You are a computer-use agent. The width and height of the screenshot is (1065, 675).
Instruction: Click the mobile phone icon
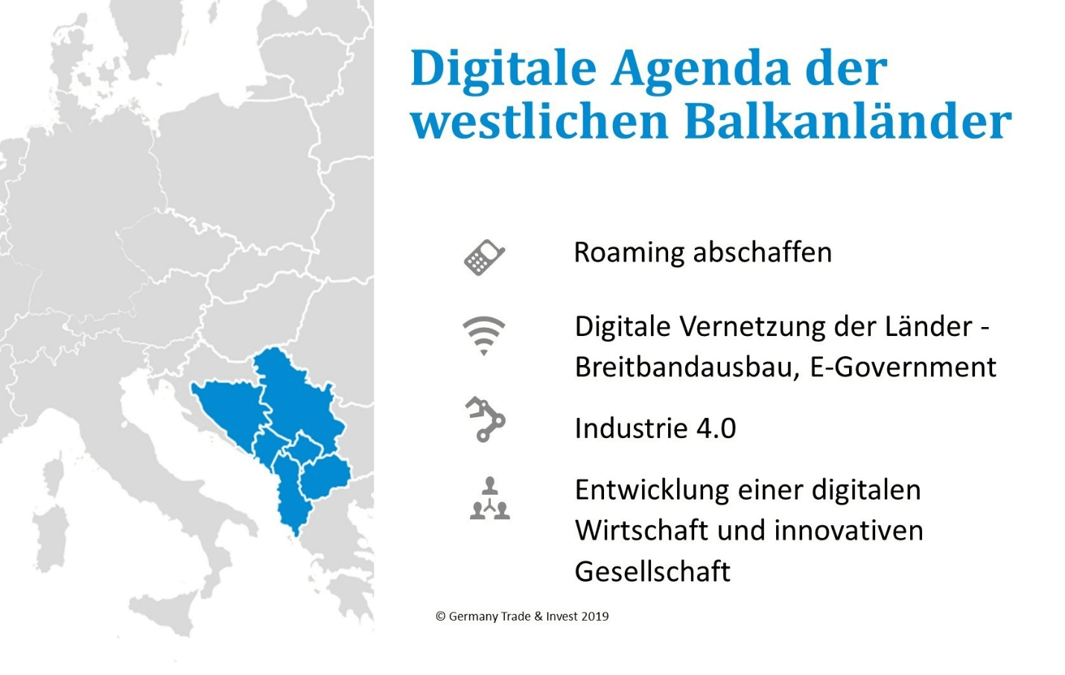coord(484,257)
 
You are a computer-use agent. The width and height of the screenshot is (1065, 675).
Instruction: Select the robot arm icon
coord(485,419)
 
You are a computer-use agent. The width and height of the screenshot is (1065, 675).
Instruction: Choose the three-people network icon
coord(490,498)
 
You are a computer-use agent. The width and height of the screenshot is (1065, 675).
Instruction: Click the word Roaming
coord(629,253)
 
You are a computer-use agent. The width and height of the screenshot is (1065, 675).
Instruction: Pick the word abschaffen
coord(763,252)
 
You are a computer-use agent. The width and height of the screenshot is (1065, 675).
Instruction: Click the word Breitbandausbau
coord(687,367)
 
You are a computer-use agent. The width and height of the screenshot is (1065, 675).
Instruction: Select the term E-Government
coord(903,368)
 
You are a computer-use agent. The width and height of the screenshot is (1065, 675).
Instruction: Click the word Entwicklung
coord(652,490)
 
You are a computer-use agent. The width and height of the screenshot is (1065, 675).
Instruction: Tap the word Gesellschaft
coord(652,571)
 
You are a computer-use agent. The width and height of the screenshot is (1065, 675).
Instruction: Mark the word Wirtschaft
coord(641,530)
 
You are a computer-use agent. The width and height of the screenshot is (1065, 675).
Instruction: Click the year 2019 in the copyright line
coord(595,616)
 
